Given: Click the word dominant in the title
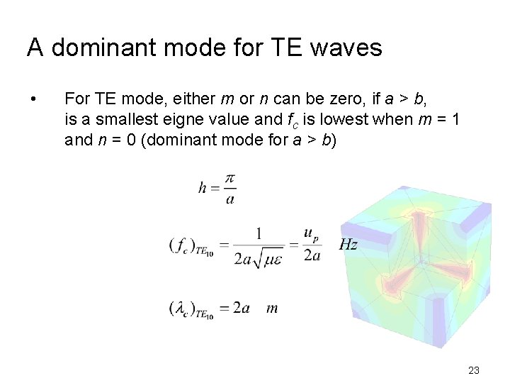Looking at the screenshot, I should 96,48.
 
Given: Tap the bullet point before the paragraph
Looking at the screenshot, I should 33,98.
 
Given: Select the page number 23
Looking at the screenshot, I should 474,370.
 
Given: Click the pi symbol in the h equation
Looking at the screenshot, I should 229,179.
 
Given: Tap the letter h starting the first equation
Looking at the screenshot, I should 203,188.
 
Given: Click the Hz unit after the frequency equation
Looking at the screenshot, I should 348,245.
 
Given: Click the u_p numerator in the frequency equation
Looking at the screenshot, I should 312,233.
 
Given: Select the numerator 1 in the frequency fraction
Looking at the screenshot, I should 259,233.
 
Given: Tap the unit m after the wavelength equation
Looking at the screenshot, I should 272,308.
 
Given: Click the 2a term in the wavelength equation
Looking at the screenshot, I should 241,308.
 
